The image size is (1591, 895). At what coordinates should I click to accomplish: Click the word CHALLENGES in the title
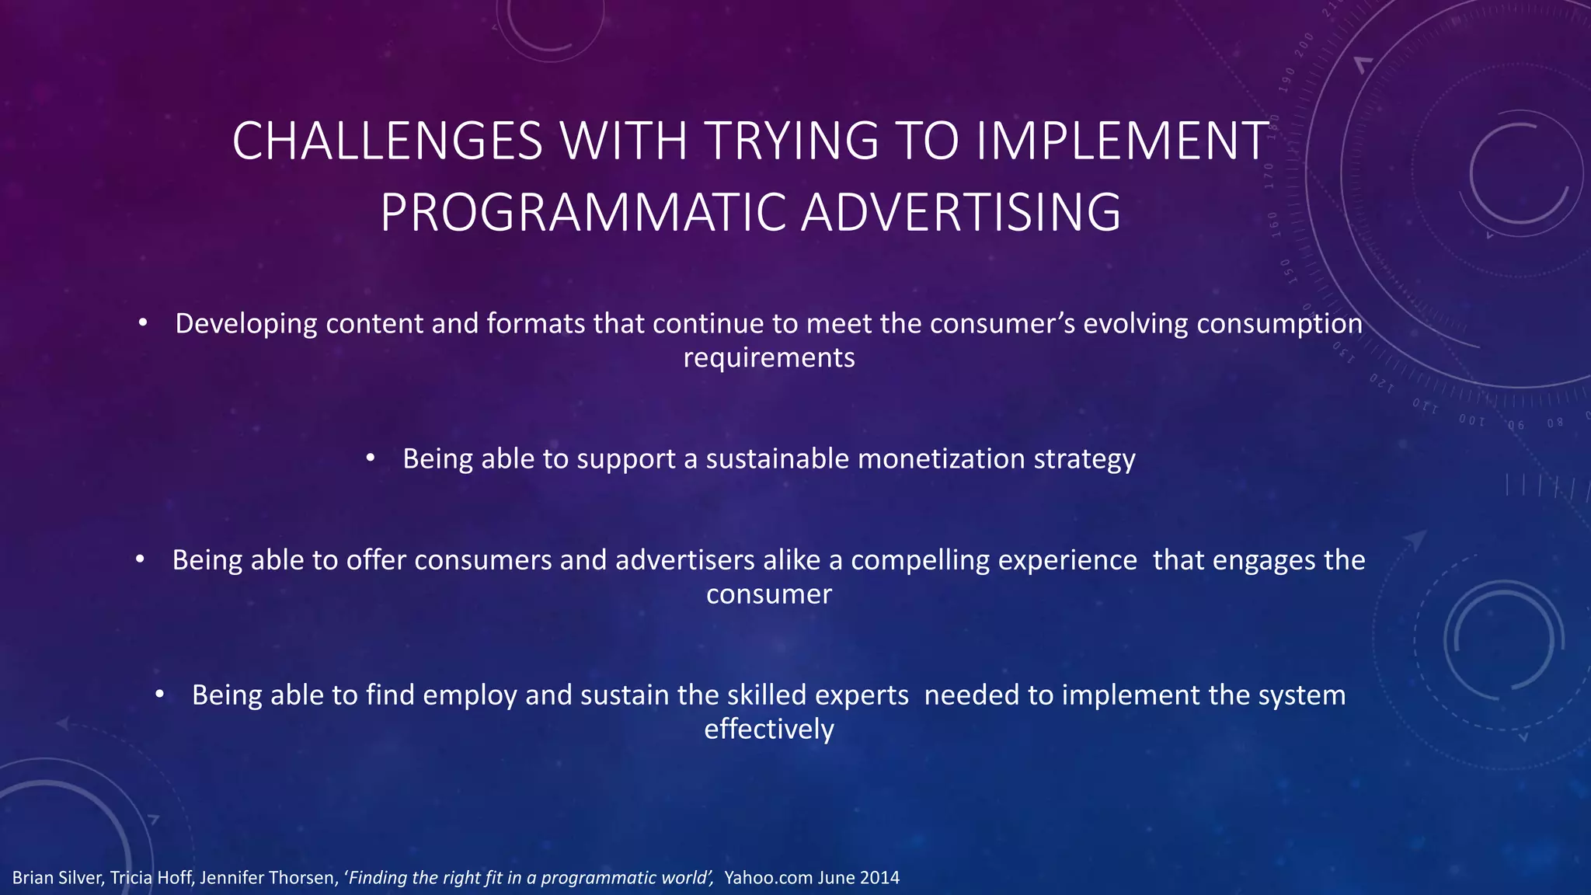tap(387, 141)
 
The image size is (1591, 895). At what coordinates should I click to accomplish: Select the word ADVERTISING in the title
tap(961, 213)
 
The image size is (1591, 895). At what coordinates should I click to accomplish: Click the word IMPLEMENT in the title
tap(1123, 141)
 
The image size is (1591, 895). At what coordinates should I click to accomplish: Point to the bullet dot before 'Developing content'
tap(142, 323)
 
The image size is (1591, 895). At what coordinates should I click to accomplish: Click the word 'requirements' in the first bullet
tap(768, 358)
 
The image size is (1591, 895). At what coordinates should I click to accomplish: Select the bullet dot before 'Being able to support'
tap(371, 458)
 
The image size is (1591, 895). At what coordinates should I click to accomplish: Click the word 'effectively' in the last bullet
tap(768, 730)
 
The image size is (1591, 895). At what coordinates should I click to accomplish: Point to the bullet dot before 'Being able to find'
tap(159, 695)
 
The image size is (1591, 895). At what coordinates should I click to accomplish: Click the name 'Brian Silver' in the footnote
tap(57, 878)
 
